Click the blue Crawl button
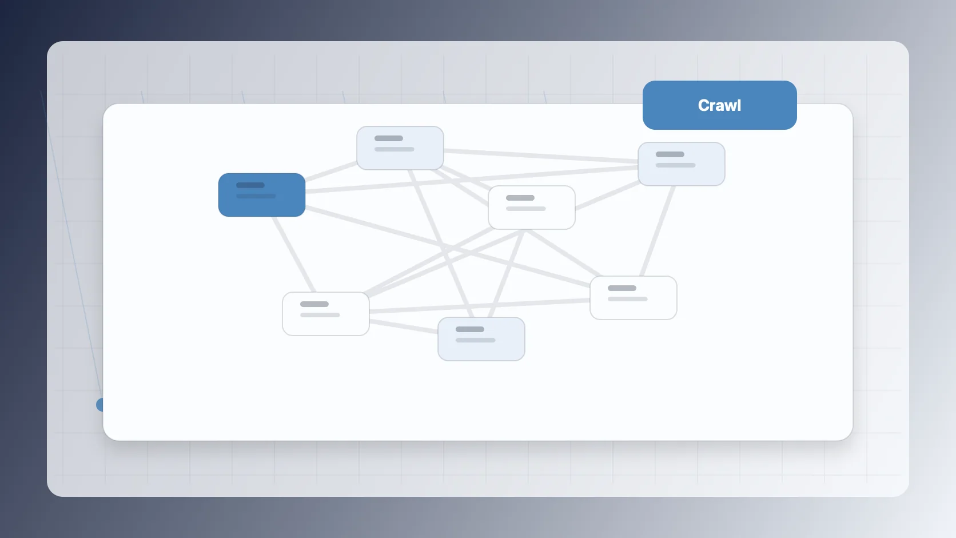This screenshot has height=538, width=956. tap(719, 105)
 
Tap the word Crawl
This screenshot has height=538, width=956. tap(719, 105)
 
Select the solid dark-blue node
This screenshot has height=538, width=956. tap(262, 194)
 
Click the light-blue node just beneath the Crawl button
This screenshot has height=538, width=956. tap(681, 164)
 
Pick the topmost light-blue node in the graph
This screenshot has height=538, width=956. tap(400, 148)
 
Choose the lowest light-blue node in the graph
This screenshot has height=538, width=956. tap(481, 339)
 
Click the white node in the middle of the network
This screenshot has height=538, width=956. tap(531, 208)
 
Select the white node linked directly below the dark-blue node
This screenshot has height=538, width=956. tap(326, 313)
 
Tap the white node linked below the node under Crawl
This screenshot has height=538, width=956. tap(633, 297)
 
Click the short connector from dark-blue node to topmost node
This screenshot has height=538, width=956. tap(331, 171)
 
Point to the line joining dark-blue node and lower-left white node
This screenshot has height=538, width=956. tap(294, 254)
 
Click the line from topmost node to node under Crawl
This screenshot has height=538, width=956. tap(541, 156)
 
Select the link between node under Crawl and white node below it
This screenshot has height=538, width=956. tap(658, 231)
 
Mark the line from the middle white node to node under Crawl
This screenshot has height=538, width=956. tap(607, 196)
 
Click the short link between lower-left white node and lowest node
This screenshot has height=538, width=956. tap(403, 326)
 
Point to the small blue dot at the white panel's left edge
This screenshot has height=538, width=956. tap(100, 404)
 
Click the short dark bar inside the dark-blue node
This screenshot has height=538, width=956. tap(250, 185)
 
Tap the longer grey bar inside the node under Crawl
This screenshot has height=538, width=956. tap(675, 165)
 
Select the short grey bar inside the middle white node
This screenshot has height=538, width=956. tap(520, 198)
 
